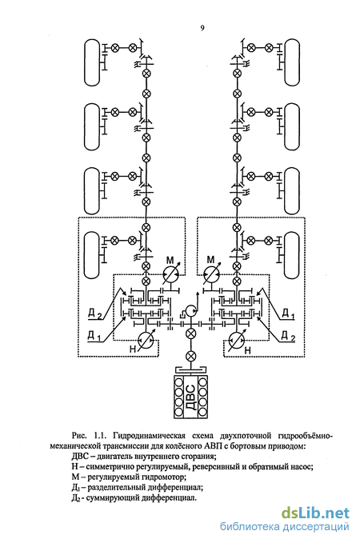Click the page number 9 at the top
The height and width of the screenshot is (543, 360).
202,28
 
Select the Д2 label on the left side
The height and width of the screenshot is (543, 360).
94,314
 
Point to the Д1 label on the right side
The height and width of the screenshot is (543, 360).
287,314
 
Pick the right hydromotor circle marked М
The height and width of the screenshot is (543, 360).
212,275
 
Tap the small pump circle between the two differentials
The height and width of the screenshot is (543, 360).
190,310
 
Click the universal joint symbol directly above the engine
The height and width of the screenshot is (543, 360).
190,357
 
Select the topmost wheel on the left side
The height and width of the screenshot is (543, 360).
92,62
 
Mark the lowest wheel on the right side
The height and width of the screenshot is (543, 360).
292,256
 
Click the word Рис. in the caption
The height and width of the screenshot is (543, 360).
79,435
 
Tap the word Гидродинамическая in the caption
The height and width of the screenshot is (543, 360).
152,435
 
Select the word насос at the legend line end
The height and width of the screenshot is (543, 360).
302,467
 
